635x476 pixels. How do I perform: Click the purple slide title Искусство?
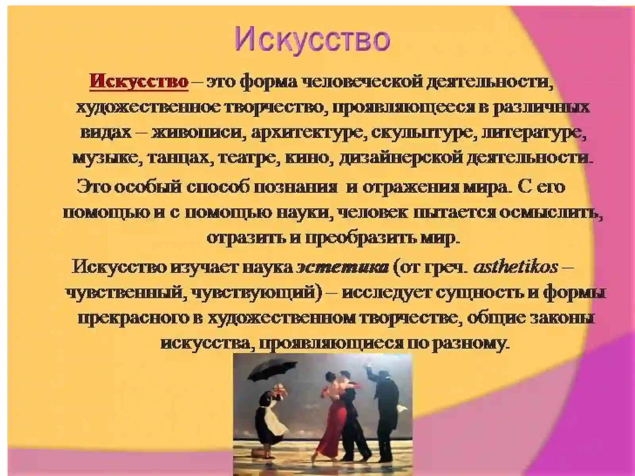pos(312,39)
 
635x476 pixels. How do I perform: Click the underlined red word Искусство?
pos(139,82)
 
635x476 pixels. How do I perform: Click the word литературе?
pos(534,132)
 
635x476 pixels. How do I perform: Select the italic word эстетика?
pos(343,267)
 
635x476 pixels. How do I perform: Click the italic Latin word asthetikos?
pos(516,267)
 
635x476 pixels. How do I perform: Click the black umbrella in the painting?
pos(262,371)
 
